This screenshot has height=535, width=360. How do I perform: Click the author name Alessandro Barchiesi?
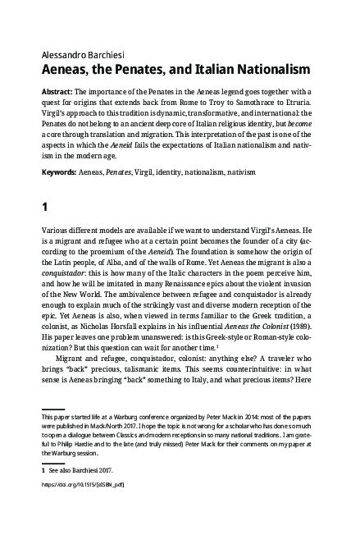(83, 33)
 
